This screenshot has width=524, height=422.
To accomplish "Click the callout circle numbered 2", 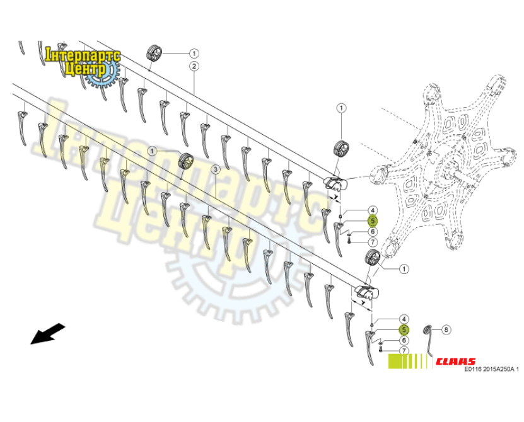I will click(x=194, y=66).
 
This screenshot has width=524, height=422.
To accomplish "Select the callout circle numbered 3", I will click(x=215, y=169).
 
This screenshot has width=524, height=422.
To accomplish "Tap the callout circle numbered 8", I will click(x=446, y=329).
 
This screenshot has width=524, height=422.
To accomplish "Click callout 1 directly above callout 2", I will click(x=194, y=53).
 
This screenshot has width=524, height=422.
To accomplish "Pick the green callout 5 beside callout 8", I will click(x=404, y=329).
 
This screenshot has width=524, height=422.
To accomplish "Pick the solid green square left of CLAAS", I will click(x=395, y=361).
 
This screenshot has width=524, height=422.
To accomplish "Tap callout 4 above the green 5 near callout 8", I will click(x=404, y=319).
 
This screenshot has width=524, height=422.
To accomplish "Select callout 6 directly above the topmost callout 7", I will click(x=373, y=232).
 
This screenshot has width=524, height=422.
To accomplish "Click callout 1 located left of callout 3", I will click(x=153, y=151).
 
